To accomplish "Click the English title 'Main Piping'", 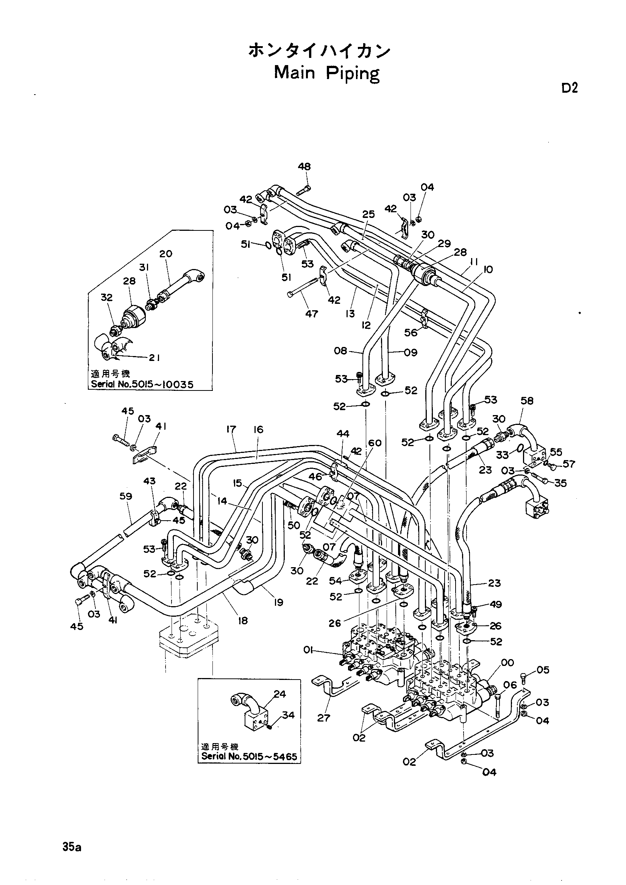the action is (x=327, y=73).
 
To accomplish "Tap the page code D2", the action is (x=569, y=89).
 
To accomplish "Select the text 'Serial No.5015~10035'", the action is (x=142, y=384).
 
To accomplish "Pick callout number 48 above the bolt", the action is (x=304, y=166).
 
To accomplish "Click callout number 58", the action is (x=527, y=400).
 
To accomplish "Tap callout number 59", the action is (x=126, y=496).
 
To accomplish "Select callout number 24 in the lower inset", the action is (x=279, y=694).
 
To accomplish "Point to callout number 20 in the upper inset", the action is (x=166, y=254).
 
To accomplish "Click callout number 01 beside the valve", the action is (x=308, y=650).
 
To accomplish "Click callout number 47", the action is (x=312, y=314).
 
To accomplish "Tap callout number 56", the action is (x=411, y=332).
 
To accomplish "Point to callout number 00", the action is (x=507, y=663).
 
